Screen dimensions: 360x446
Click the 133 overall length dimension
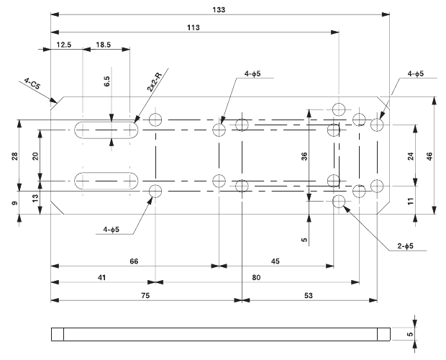pyautogui.click(x=219, y=9)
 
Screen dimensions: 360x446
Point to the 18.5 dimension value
pyautogui.click(x=102, y=45)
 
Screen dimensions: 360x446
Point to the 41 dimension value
pyautogui.click(x=102, y=276)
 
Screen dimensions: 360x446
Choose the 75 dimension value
pyautogui.click(x=145, y=294)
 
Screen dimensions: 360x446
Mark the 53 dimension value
pyautogui.click(x=309, y=294)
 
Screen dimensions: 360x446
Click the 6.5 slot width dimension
pyautogui.click(x=106, y=81)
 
